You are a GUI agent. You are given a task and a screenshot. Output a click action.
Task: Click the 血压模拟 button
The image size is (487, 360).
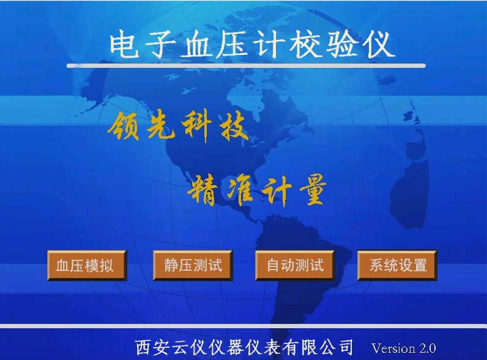coord(87,265)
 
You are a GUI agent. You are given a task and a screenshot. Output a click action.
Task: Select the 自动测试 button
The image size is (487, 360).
coord(295,265)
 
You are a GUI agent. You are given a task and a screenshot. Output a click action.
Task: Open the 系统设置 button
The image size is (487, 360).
coord(398,265)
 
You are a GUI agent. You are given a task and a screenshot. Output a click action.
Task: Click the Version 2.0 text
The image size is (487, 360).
coord(403,348)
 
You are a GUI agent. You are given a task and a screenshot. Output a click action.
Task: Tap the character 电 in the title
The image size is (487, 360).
coord(124,45)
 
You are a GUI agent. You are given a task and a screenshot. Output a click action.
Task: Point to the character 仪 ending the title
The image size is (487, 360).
coord(379,45)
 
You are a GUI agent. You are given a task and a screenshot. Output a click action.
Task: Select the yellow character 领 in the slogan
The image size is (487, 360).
coord(124,126)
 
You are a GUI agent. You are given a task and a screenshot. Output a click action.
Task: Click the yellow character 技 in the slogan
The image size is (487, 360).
coord(234,126)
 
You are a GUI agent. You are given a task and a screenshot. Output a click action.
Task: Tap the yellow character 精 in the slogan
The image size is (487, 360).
coord(202,190)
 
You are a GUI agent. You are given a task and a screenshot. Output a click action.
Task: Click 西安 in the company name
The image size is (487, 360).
coord(154,347)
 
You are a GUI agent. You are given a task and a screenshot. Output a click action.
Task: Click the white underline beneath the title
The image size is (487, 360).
coord(246,65)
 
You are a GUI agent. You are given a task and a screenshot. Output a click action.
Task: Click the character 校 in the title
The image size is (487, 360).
coord(307,45)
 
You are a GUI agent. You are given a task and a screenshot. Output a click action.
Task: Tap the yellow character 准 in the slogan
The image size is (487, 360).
coord(240,190)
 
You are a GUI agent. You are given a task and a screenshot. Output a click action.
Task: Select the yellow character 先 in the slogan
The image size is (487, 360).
coord(160,126)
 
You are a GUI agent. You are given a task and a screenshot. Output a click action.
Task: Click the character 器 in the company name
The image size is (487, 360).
coord(236,347)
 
